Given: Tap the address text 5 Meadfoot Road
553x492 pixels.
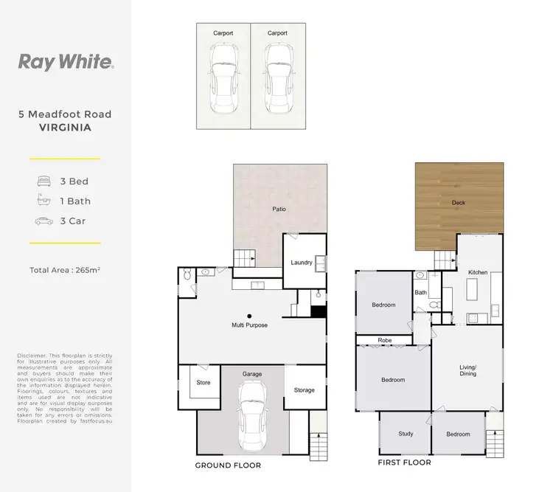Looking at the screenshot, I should pos(65,114).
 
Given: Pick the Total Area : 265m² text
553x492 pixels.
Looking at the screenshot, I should pos(65,270).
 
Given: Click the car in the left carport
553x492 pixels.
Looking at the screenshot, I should pos(223,78).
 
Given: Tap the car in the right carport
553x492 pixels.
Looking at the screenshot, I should pos(277,78).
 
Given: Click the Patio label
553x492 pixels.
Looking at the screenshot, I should pos(278,209).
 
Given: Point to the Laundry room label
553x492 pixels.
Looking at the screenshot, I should pos(301,262).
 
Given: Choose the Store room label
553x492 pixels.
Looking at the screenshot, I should pos(204,382).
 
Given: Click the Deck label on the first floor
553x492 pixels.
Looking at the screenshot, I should pos(459,202).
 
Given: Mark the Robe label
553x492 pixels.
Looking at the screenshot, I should pos(385,342).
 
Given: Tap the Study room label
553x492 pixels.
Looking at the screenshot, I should pos(405,434).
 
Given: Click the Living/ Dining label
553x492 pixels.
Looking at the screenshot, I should pos(467,370).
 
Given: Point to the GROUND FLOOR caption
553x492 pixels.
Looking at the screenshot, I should pos(228,465).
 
